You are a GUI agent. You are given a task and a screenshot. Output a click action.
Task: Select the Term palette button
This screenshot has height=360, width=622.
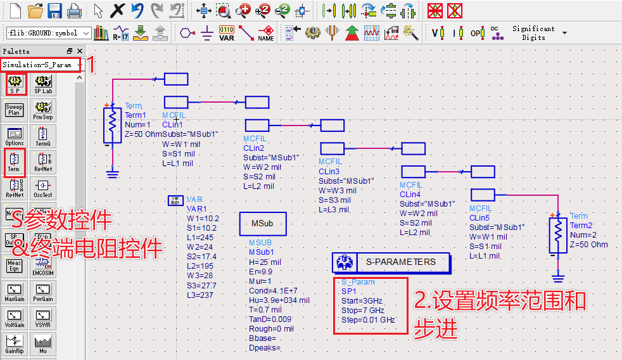[x=14, y=161]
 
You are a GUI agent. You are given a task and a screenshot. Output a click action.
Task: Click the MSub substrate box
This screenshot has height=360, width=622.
[x=263, y=224]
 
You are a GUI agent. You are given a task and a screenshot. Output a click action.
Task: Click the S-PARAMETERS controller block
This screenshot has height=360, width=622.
[x=391, y=262]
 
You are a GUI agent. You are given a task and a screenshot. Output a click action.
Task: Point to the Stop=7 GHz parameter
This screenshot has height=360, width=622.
[x=362, y=311]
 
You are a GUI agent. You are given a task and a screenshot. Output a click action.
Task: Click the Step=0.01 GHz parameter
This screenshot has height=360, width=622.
[x=367, y=320]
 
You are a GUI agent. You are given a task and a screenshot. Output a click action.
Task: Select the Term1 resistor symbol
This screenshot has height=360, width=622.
[x=112, y=124]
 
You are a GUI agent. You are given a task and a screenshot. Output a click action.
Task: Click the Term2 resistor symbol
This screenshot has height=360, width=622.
[x=557, y=235]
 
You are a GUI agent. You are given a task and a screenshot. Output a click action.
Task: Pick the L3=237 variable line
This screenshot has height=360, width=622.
[x=201, y=295]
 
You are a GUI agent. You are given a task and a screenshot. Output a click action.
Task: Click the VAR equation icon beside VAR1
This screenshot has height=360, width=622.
[x=175, y=200]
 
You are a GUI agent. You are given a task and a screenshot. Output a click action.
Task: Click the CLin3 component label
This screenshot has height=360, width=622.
[x=329, y=172]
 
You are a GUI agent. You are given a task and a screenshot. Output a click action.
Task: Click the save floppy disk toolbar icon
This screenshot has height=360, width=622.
[x=54, y=11]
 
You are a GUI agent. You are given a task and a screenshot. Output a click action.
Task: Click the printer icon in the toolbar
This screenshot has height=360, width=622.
[x=74, y=11]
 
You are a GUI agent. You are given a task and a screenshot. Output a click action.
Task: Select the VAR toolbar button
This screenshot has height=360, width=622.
[x=226, y=33]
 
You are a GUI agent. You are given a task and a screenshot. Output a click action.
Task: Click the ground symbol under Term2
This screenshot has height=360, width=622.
[x=557, y=278]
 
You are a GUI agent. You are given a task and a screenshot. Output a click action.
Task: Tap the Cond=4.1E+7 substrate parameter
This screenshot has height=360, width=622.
[x=273, y=290]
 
